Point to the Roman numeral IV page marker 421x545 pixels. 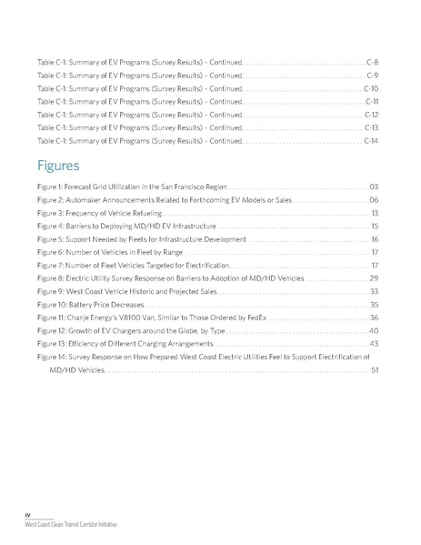point(27,515)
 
